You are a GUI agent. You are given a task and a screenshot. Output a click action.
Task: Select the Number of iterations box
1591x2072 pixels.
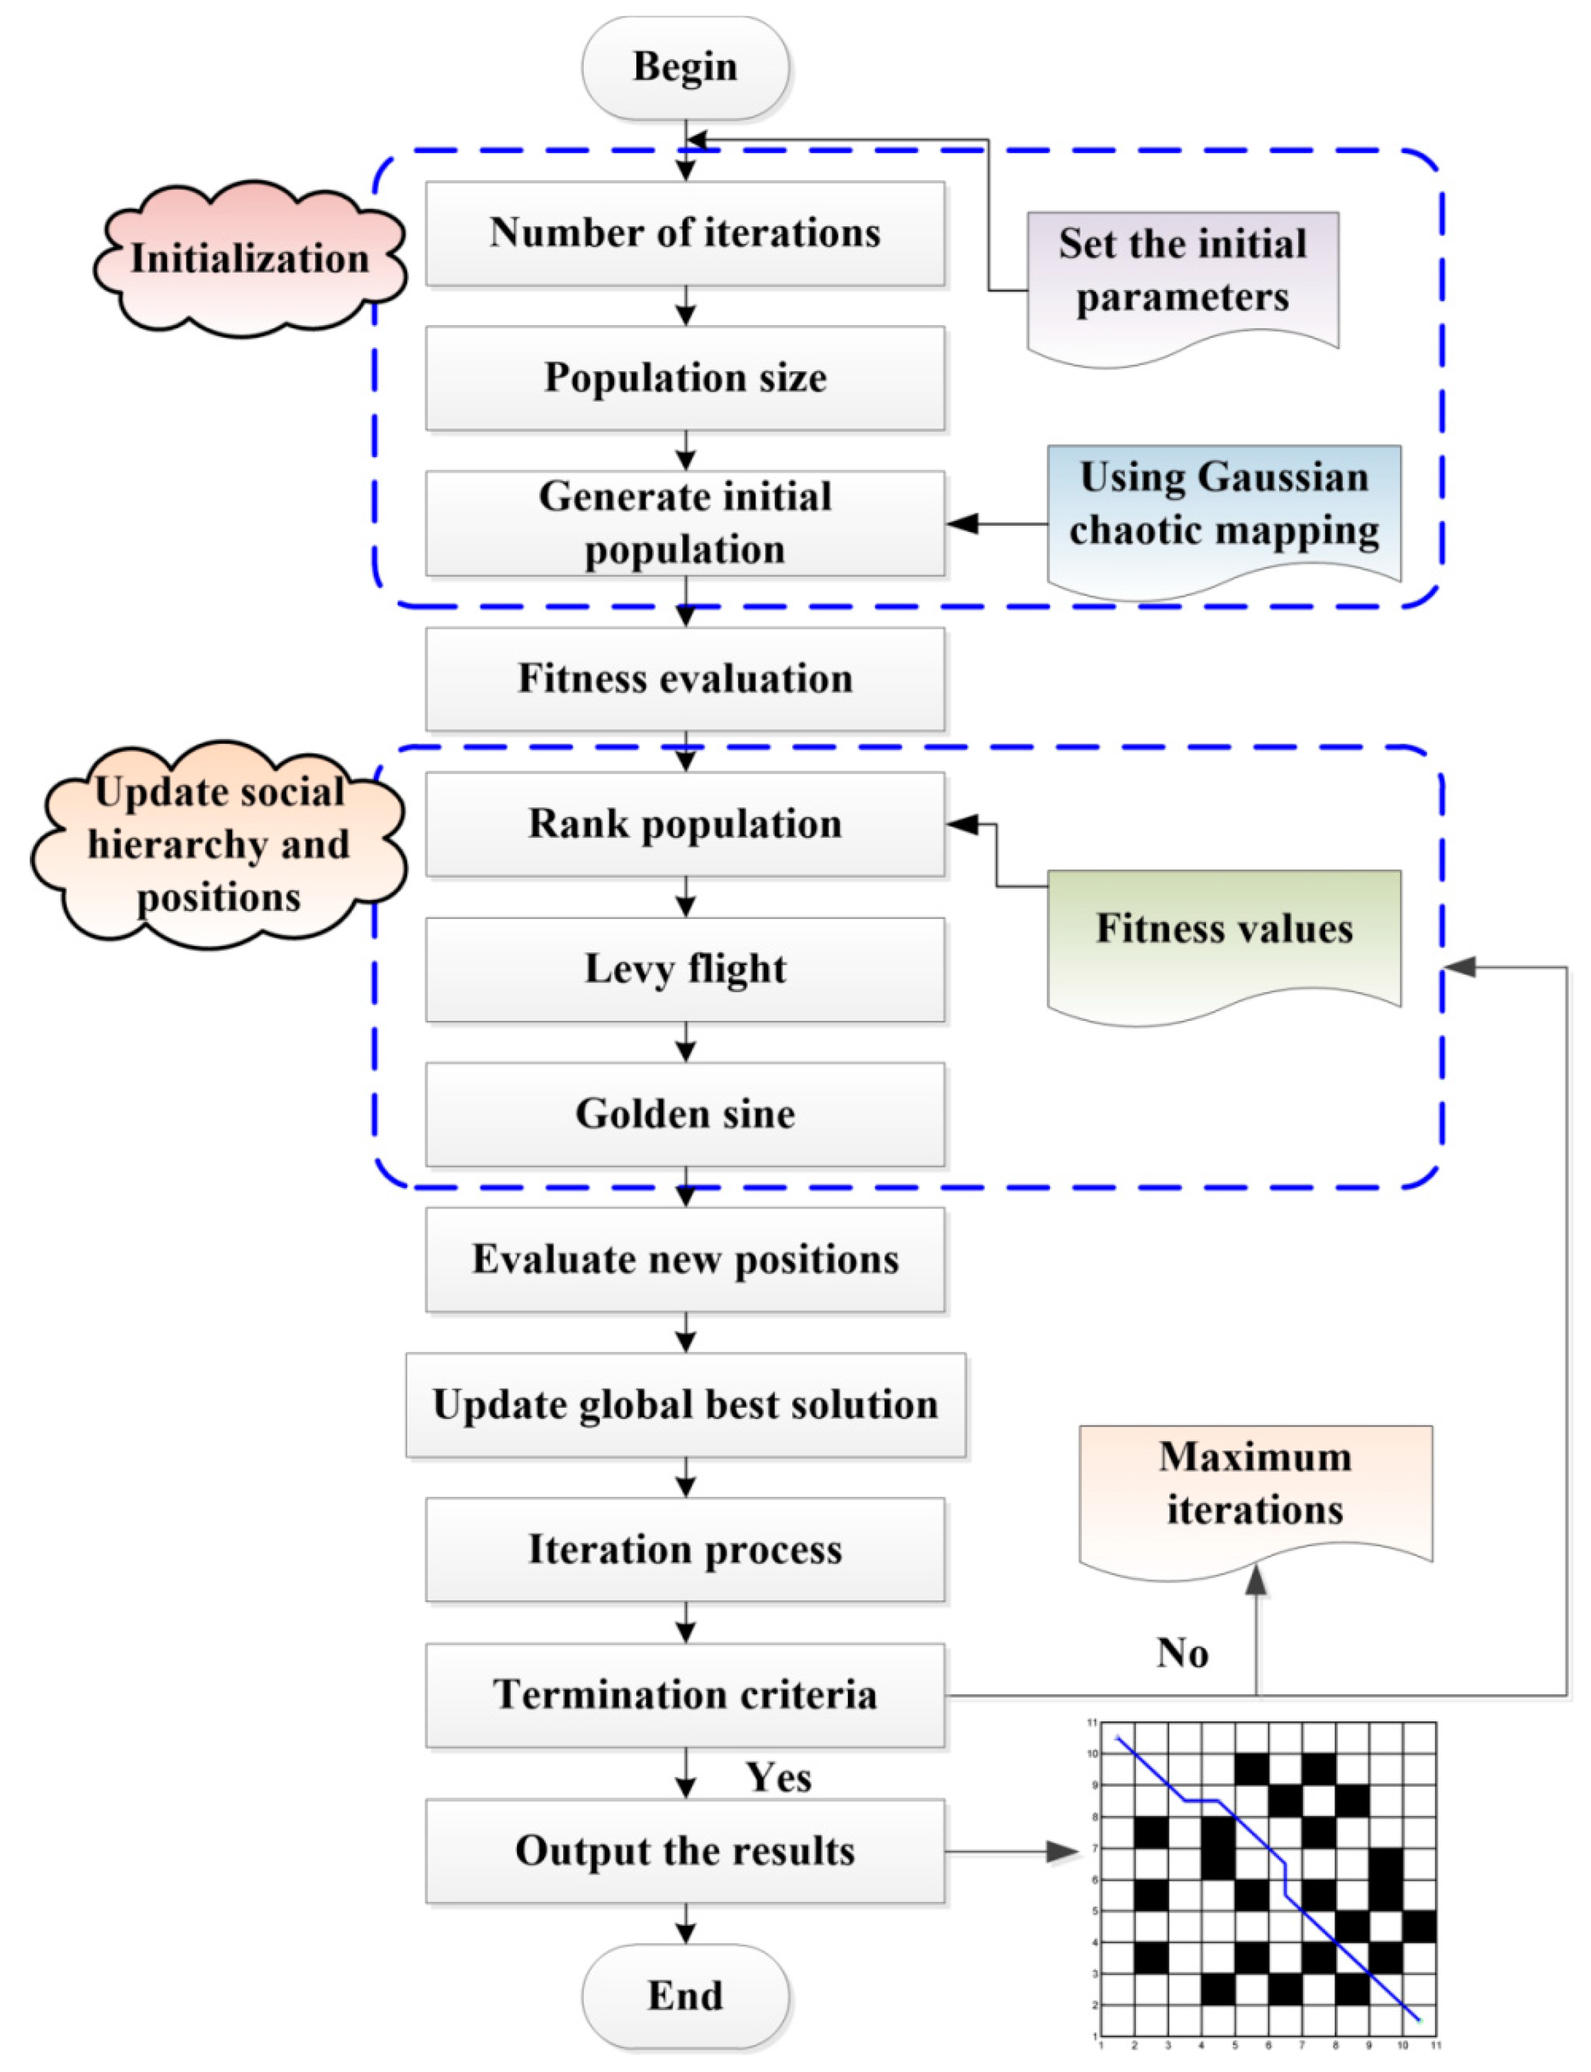click(685, 233)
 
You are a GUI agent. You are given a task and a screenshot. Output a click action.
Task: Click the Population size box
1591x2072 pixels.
click(685, 378)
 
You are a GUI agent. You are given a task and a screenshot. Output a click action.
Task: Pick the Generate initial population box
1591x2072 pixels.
click(685, 523)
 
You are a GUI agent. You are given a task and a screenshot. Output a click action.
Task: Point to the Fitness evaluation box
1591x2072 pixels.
click(685, 678)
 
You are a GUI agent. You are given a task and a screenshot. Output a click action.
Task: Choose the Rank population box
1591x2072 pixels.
click(685, 823)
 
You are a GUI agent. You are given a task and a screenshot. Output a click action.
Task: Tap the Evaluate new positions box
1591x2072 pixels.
click(685, 1259)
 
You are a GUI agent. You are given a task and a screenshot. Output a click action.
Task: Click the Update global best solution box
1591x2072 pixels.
click(685, 1404)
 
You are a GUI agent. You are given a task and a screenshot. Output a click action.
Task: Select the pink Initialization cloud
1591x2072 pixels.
click(249, 258)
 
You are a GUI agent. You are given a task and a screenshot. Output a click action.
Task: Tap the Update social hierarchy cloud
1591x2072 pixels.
click(219, 844)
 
